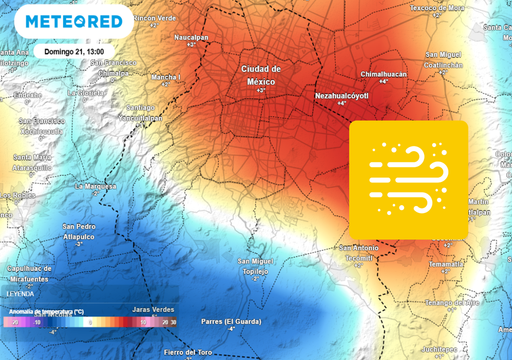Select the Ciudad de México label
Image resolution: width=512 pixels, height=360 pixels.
pos(262,74)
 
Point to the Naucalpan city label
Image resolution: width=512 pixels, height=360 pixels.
pos(191,37)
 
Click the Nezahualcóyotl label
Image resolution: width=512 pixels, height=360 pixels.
pos(343,96)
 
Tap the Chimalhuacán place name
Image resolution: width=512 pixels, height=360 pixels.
pos(384,74)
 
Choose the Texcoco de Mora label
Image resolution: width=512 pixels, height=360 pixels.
pos(437,10)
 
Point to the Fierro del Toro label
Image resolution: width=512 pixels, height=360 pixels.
pos(189,352)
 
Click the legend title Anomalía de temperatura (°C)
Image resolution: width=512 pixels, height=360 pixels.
pos(44,312)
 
